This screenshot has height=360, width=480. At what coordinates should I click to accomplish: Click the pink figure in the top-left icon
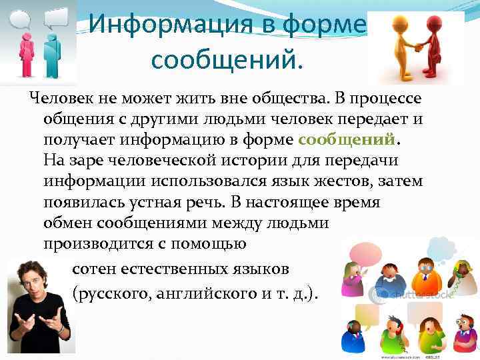pyautogui.click(x=26, y=51)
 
